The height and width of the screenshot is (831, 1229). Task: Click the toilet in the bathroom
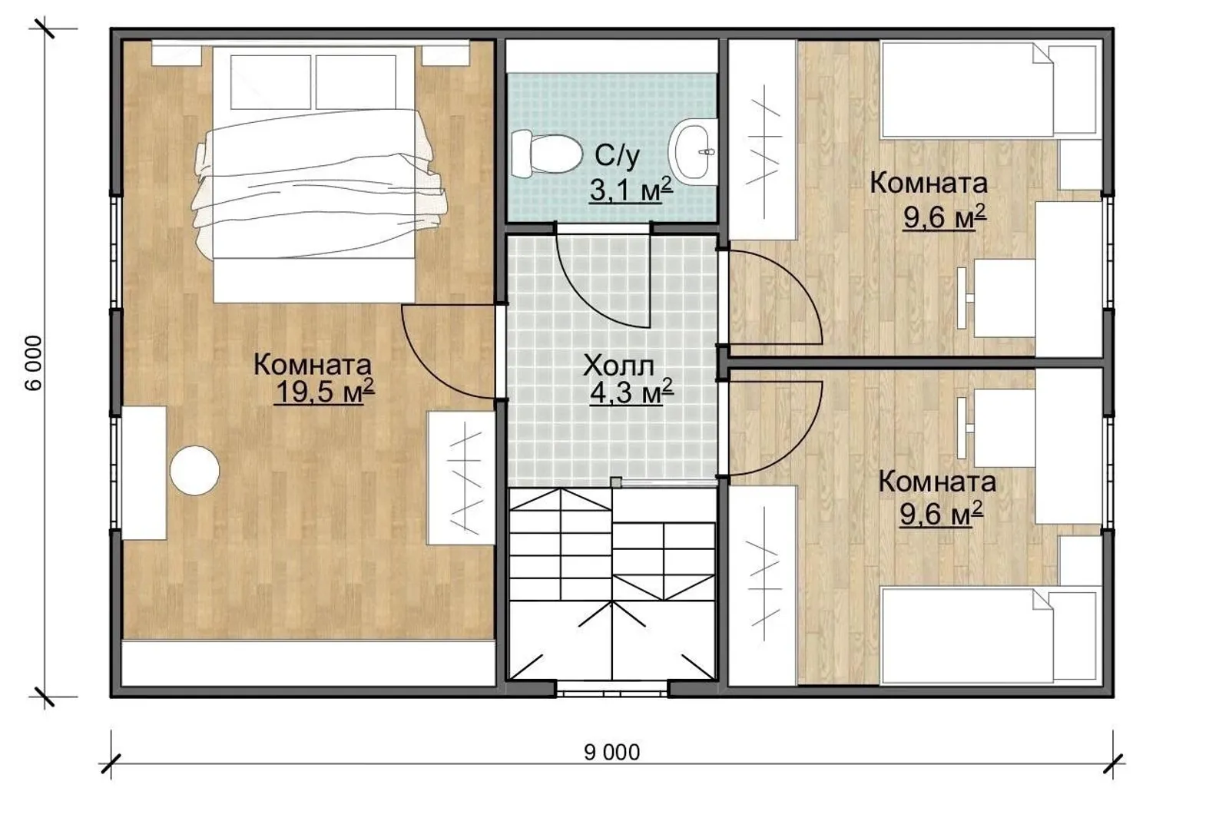point(546,154)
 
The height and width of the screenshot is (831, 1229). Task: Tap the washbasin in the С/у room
point(694,151)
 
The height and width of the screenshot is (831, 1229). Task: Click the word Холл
point(618,366)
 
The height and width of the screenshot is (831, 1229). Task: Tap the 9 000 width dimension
point(611,752)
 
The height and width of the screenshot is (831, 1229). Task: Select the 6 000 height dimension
point(34,363)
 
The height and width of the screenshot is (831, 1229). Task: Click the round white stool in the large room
point(195,471)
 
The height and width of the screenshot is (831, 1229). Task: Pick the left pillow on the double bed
point(270,82)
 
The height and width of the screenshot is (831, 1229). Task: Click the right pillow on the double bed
point(356,82)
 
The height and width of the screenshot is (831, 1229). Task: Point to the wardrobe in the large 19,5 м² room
point(462,478)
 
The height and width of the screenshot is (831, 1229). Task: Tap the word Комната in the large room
point(312,365)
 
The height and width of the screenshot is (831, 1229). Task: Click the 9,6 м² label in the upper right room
point(944,217)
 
